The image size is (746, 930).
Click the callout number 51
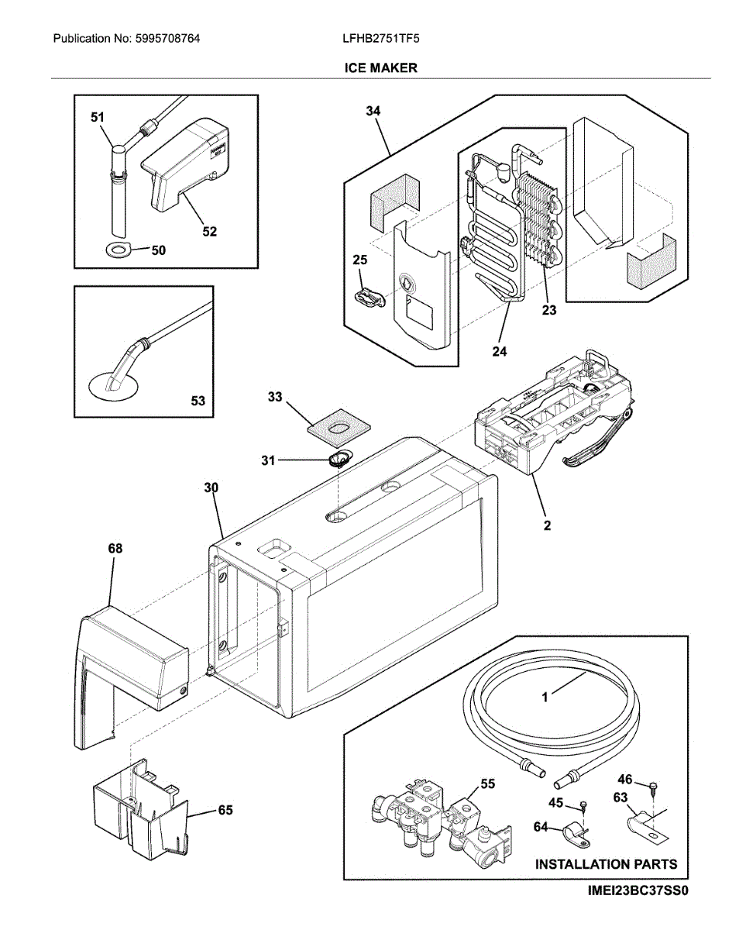[98, 117]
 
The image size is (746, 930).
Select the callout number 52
[209, 232]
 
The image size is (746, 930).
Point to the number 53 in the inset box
[198, 401]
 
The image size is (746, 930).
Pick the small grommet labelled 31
[339, 459]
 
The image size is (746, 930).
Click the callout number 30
[211, 488]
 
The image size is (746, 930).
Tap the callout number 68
[115, 549]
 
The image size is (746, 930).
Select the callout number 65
[225, 811]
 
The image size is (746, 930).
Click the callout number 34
[373, 111]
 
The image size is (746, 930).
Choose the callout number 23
[549, 310]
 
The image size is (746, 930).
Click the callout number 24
[500, 351]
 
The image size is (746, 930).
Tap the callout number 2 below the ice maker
[547, 525]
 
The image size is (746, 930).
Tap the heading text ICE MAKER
[380, 68]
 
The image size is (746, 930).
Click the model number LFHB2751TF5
[381, 39]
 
